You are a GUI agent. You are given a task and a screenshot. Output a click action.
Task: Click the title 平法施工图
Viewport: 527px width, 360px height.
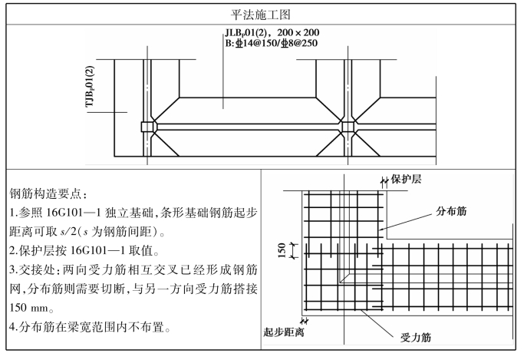tap(264, 14)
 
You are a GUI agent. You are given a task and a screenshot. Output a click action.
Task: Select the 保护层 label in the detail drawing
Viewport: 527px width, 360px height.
tap(408, 180)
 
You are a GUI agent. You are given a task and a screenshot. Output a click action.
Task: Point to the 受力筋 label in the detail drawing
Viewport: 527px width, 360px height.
tap(415, 336)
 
